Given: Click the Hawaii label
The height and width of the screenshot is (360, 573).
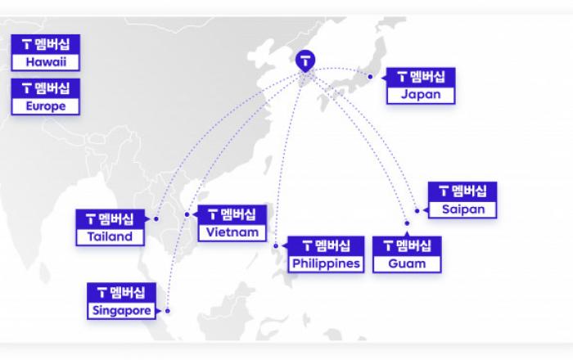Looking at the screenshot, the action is pyautogui.click(x=46, y=61).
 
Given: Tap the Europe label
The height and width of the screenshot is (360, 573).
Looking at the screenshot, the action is pyautogui.click(x=46, y=106).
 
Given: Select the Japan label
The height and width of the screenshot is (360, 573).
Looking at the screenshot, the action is pyautogui.click(x=421, y=95).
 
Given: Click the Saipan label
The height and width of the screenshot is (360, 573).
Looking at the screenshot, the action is pyautogui.click(x=463, y=209).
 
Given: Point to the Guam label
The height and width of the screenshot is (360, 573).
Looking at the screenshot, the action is pyautogui.click(x=407, y=263).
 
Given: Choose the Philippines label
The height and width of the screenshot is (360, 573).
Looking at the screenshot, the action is pyautogui.click(x=326, y=263).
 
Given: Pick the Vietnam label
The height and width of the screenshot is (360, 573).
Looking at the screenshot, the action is pyautogui.click(x=232, y=232).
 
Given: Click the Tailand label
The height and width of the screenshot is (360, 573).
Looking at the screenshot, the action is pyautogui.click(x=110, y=236).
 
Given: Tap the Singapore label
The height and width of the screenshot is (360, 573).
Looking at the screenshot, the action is pyautogui.click(x=122, y=311).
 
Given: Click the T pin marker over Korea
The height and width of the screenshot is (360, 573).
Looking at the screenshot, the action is pyautogui.click(x=305, y=61).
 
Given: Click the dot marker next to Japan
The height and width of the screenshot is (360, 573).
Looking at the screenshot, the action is pyautogui.click(x=370, y=77).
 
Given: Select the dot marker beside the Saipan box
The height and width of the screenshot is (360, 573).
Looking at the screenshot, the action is pyautogui.click(x=417, y=210).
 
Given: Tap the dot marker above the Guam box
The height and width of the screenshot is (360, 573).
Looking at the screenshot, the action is pyautogui.click(x=407, y=223).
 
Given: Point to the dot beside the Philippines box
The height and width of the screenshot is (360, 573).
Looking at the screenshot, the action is pyautogui.click(x=276, y=246).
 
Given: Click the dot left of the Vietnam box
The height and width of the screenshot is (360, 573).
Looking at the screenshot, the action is pyautogui.click(x=187, y=214).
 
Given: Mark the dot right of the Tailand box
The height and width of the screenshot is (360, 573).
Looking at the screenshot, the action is pyautogui.click(x=156, y=219).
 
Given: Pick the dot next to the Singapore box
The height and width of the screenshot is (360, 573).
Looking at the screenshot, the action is pyautogui.click(x=167, y=311).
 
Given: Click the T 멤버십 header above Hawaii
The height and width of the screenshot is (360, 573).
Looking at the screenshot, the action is pyautogui.click(x=46, y=44).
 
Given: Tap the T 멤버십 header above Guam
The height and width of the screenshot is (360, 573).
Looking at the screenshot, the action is pyautogui.click(x=407, y=246).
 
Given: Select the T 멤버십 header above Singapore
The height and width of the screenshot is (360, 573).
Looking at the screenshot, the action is pyautogui.click(x=122, y=293).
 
